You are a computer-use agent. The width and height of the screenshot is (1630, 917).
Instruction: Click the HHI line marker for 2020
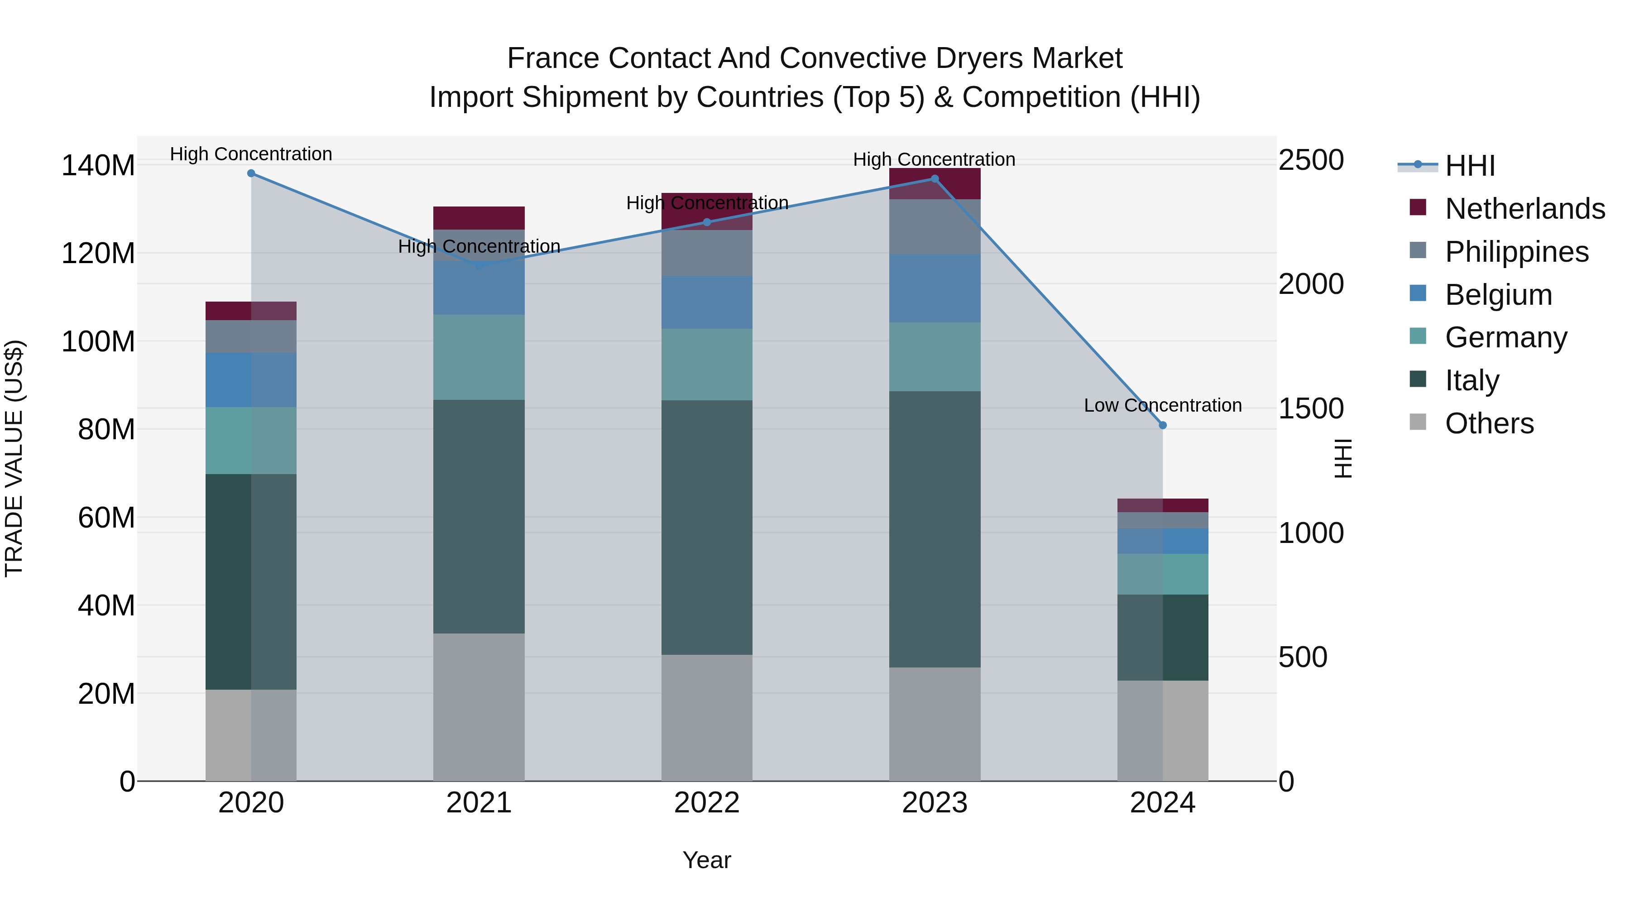point(251,173)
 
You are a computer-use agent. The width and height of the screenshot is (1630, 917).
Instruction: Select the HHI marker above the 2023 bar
point(935,179)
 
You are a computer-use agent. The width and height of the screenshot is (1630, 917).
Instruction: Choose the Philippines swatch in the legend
point(1418,250)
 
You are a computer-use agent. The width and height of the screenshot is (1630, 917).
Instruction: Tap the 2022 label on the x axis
point(707,803)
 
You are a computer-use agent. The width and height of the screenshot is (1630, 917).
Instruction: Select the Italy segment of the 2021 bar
point(479,516)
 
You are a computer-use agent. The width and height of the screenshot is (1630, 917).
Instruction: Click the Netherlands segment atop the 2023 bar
point(935,183)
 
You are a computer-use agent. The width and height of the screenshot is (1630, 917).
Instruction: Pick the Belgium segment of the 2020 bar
point(251,380)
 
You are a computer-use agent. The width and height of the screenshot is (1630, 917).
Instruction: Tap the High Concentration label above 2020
point(251,154)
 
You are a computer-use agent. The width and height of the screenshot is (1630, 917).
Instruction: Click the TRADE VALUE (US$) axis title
point(14,458)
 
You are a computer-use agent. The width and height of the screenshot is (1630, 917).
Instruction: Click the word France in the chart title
point(553,59)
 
